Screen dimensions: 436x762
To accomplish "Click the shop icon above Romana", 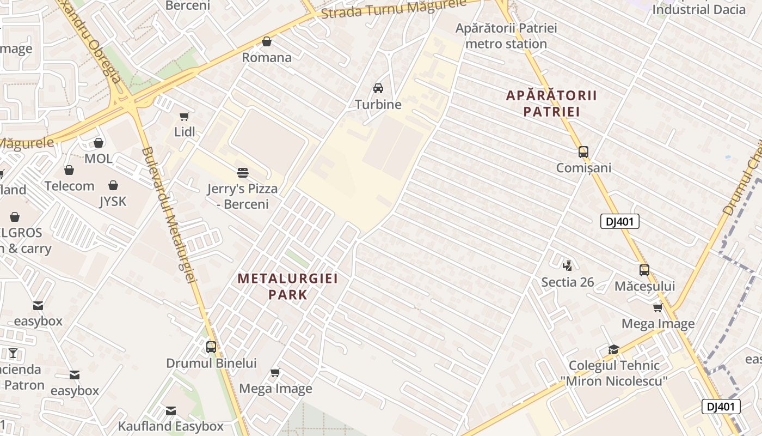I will [267, 41].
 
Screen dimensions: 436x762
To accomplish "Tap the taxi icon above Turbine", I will [378, 88].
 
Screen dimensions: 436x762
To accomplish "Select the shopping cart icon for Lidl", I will [185, 116].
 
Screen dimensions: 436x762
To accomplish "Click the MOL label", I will [99, 159].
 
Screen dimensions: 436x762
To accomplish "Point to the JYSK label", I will [113, 202].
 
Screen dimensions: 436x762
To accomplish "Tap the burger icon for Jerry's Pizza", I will [243, 173].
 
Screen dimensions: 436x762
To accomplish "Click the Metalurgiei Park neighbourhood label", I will [288, 287].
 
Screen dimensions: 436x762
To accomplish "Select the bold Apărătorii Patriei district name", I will [551, 104].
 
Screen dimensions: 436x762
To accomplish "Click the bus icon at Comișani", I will [583, 152].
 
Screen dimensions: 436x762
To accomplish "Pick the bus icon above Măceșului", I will [644, 270].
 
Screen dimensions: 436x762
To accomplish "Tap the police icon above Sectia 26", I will [568, 266].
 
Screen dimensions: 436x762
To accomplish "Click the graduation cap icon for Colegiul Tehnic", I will [613, 350].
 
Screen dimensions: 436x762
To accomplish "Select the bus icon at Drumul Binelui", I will [211, 347].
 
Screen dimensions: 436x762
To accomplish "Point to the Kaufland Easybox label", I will [171, 426].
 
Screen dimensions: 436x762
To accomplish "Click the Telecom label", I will [70, 186].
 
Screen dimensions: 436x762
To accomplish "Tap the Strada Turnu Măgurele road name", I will [394, 8].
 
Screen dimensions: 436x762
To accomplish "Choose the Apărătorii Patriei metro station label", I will [506, 36].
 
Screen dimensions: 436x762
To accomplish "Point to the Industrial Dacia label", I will [699, 9].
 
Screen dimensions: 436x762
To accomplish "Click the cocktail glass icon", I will [13, 353].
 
